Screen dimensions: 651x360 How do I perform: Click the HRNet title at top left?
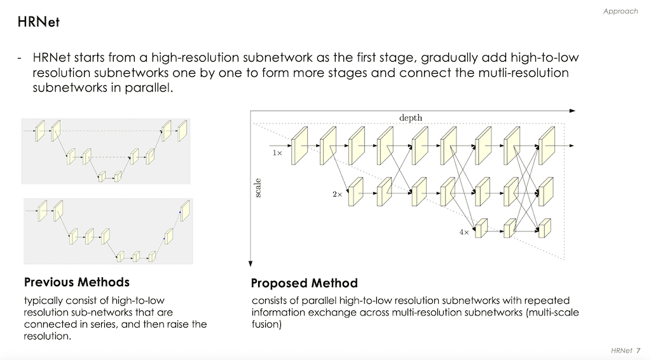tap(39, 22)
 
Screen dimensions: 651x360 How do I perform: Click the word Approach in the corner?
tap(620, 11)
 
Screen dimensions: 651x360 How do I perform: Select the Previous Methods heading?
tap(76, 282)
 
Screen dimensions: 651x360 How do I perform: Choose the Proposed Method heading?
tap(304, 283)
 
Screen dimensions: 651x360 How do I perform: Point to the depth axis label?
tap(410, 118)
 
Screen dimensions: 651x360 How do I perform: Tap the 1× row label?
tap(278, 153)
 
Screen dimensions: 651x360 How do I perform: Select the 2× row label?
tap(337, 195)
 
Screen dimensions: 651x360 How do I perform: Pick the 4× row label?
tap(464, 233)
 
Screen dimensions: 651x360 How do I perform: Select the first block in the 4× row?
tap(481, 228)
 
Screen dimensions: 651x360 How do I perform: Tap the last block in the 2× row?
tap(546, 188)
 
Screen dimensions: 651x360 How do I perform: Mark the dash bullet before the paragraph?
tap(20, 58)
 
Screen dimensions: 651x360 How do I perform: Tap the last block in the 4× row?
tap(544, 228)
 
